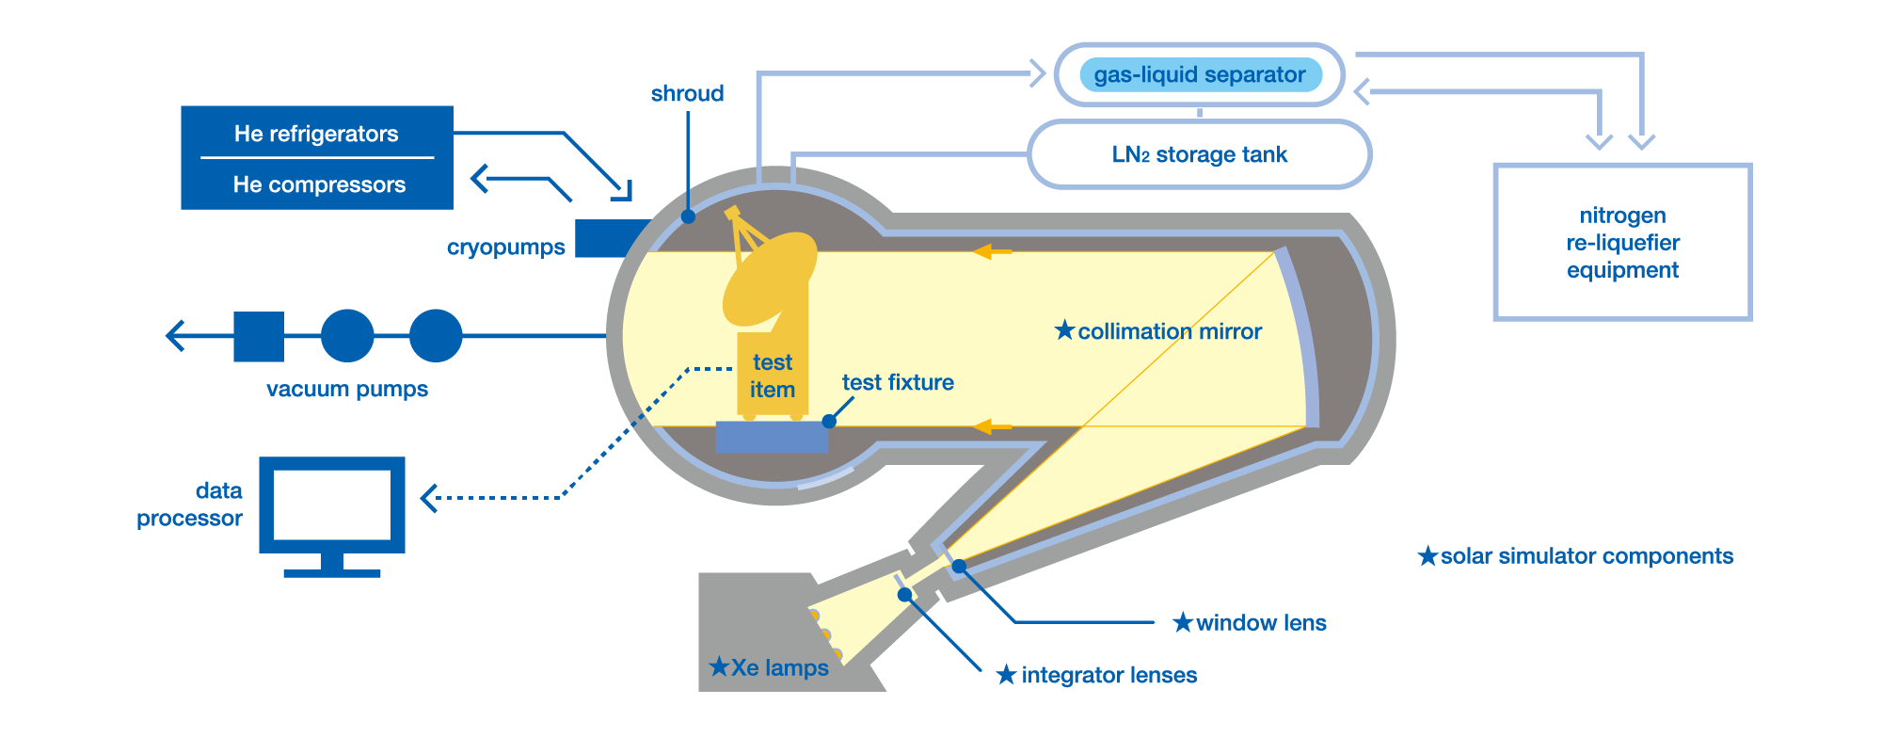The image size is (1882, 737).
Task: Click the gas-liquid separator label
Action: [1199, 74]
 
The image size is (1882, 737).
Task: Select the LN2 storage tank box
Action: [1199, 154]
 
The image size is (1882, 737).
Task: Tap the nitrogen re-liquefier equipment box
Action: [1622, 243]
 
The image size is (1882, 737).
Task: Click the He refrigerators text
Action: [316, 134]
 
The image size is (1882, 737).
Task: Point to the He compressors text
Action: [319, 184]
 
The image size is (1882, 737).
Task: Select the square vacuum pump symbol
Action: [259, 336]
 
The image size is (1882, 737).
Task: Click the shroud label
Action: [687, 93]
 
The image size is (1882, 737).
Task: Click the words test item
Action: [773, 376]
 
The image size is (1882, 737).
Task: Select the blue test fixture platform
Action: [772, 438]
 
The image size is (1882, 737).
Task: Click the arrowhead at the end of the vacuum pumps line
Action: [174, 336]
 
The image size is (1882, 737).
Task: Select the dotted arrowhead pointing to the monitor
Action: [429, 498]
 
